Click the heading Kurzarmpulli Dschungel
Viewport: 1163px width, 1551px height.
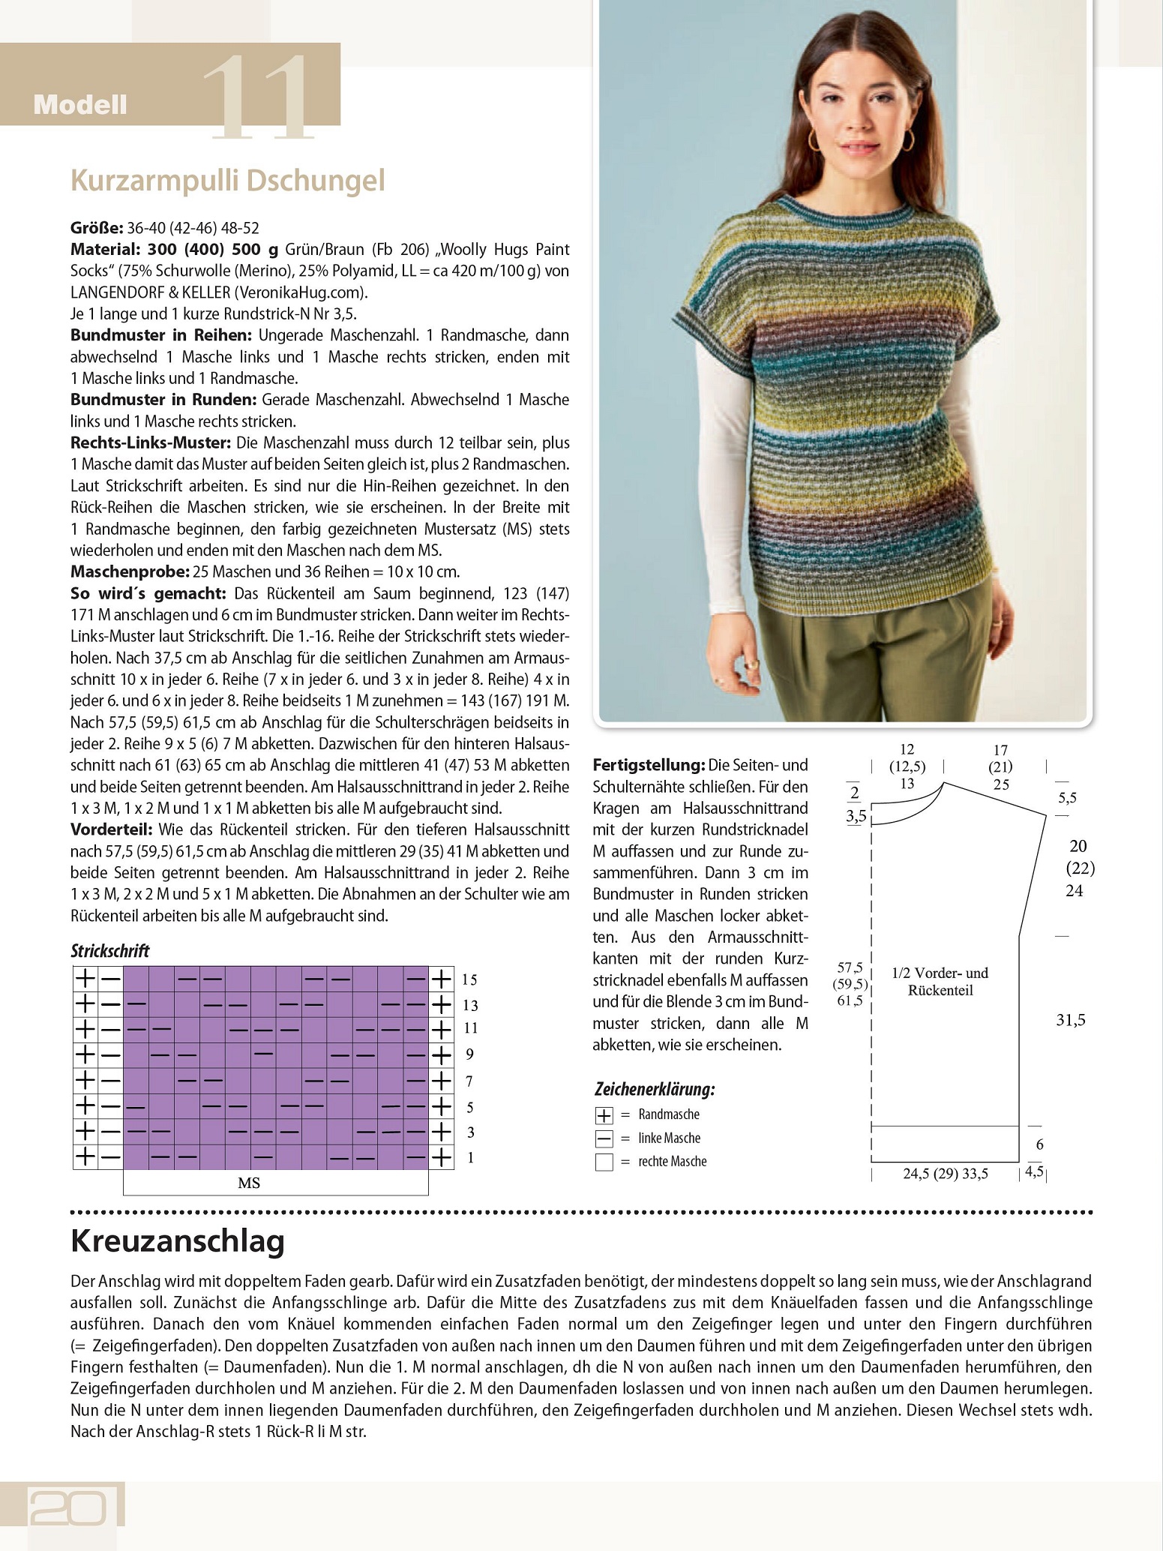227,181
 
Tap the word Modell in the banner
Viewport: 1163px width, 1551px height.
80,105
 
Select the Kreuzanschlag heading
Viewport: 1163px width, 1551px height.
177,1241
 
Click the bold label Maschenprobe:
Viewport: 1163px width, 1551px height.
130,572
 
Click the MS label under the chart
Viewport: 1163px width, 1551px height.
249,1183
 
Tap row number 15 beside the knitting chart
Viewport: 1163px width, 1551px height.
469,979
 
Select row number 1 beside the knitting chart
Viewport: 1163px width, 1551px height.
470,1158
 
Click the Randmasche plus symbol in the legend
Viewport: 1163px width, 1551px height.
604,1115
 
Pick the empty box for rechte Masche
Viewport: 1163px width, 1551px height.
604,1162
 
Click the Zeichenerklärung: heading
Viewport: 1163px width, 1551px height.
654,1089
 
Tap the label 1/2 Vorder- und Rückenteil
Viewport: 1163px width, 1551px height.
940,981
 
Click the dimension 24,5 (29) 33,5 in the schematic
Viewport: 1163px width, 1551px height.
945,1174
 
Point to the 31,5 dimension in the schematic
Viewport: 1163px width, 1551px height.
1070,1020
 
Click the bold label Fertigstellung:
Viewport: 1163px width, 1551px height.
649,766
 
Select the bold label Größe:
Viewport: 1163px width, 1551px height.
97,228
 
